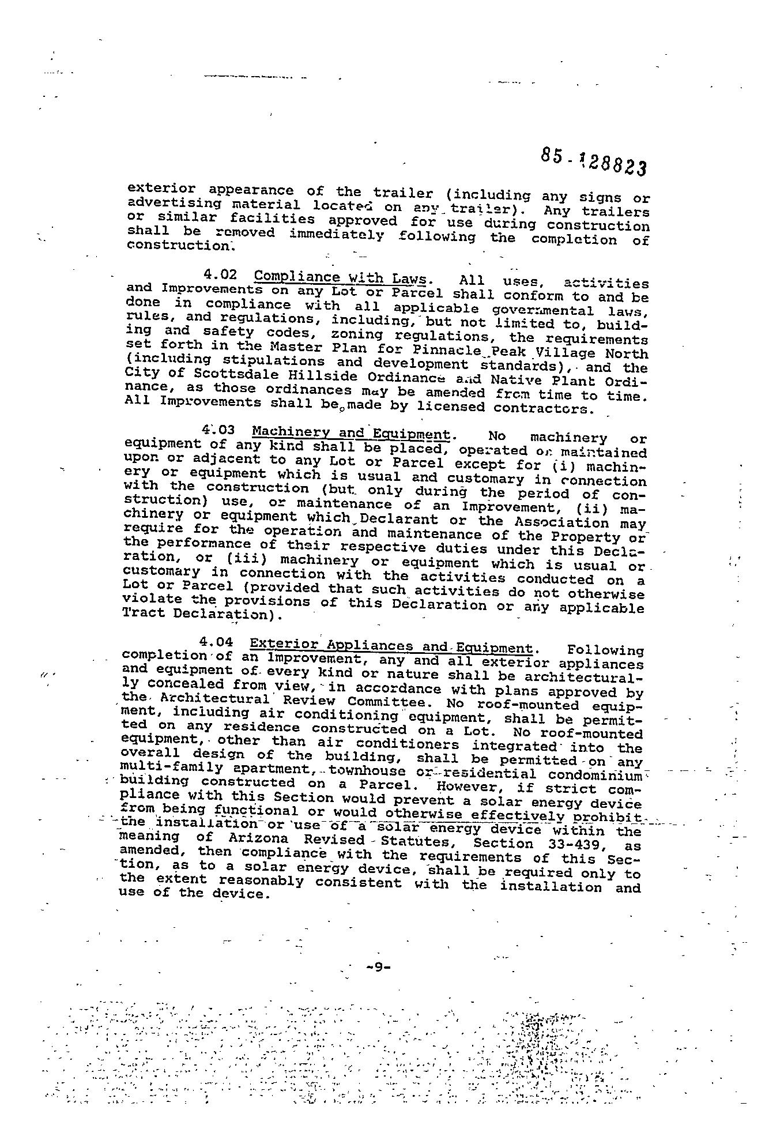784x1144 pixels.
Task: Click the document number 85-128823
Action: (x=593, y=161)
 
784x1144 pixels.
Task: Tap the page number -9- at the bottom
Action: (x=378, y=967)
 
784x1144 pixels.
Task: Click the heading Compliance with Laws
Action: (x=341, y=277)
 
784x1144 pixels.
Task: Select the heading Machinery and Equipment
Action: (x=351, y=433)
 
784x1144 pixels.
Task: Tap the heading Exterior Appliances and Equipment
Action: (x=390, y=646)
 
